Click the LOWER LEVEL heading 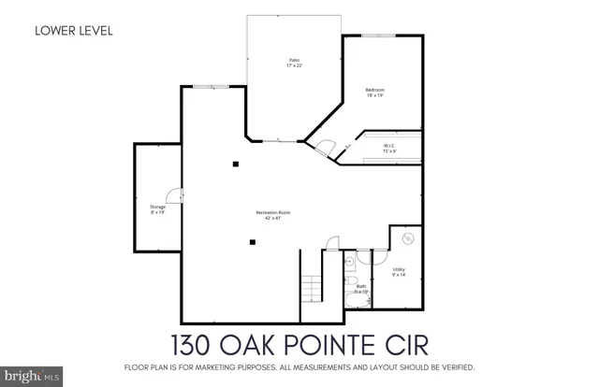point(73,30)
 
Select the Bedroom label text point(374,92)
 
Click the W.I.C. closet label point(390,148)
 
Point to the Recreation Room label point(273,215)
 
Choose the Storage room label point(157,209)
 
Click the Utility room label point(399,272)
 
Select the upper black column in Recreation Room point(237,165)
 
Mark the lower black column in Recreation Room point(252,243)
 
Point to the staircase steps point(310,285)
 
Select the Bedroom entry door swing point(326,147)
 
